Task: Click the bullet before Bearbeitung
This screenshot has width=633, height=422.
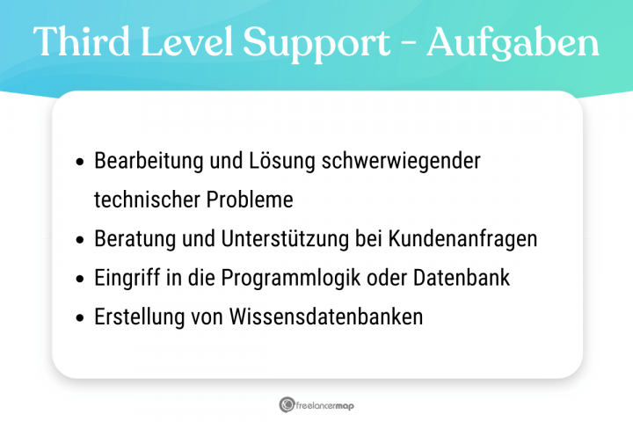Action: coord(80,163)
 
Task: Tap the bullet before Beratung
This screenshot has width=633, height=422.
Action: coord(80,240)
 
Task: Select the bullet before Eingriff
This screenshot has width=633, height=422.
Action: coord(80,279)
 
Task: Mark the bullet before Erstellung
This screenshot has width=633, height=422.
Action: coord(80,317)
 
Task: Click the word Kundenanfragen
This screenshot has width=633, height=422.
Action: coord(476,239)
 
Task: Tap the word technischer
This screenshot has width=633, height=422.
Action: coord(147,200)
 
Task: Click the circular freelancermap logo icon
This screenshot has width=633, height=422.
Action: coord(287,404)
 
